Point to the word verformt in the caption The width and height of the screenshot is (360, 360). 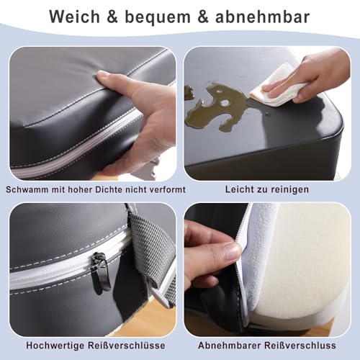click(163, 190)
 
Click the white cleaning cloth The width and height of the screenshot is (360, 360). click(276, 86)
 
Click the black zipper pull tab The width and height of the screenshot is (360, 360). click(100, 271)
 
